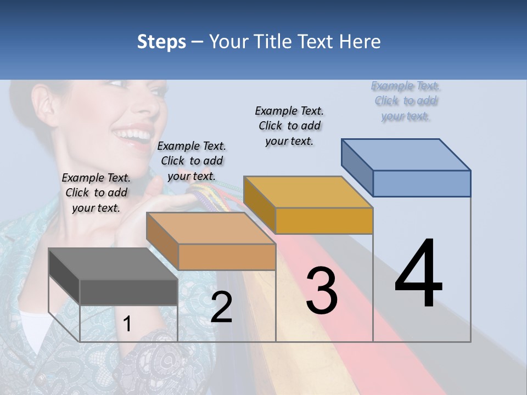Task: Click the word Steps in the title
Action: click(161, 42)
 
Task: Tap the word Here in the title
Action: click(360, 42)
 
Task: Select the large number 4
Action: click(419, 274)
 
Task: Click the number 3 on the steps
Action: click(322, 291)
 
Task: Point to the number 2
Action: click(221, 307)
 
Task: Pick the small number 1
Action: click(127, 324)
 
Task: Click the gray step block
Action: click(113, 276)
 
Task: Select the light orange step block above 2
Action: click(211, 241)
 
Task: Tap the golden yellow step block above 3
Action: click(309, 205)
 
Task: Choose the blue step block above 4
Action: click(406, 168)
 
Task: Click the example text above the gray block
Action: click(96, 193)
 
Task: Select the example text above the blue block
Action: click(406, 100)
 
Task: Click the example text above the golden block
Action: click(289, 126)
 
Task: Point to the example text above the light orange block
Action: click(192, 161)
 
